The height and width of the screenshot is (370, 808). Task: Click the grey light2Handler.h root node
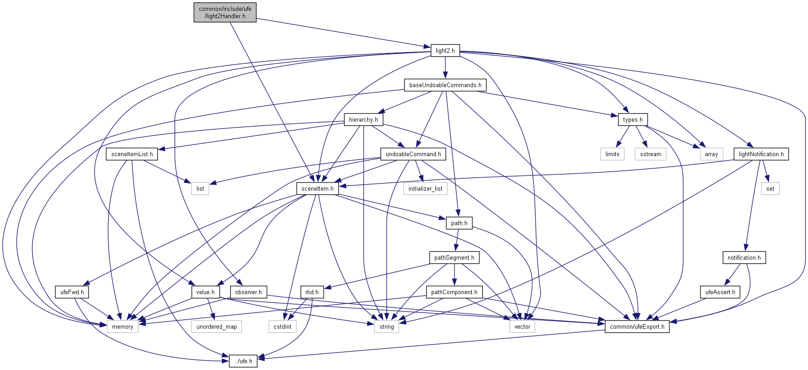225,12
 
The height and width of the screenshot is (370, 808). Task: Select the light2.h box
445,50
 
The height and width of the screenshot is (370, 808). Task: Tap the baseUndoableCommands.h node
445,85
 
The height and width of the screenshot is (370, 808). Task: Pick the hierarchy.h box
363,119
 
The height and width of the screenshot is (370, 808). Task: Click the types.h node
632,119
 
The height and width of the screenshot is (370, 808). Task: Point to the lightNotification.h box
761,154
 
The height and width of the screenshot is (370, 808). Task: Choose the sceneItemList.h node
132,154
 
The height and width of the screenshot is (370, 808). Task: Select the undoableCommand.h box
413,154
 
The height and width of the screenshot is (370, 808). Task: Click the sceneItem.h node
317,188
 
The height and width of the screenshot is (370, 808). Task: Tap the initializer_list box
425,188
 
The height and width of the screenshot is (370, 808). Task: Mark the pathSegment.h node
454,257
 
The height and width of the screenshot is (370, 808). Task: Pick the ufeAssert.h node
720,292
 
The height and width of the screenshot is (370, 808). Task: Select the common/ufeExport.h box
637,326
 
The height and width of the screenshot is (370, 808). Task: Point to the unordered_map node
217,326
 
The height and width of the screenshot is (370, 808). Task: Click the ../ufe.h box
243,361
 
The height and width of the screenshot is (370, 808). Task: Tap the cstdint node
282,326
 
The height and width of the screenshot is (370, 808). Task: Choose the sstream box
650,154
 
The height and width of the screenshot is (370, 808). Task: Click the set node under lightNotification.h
770,188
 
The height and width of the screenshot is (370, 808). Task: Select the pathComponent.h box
454,292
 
